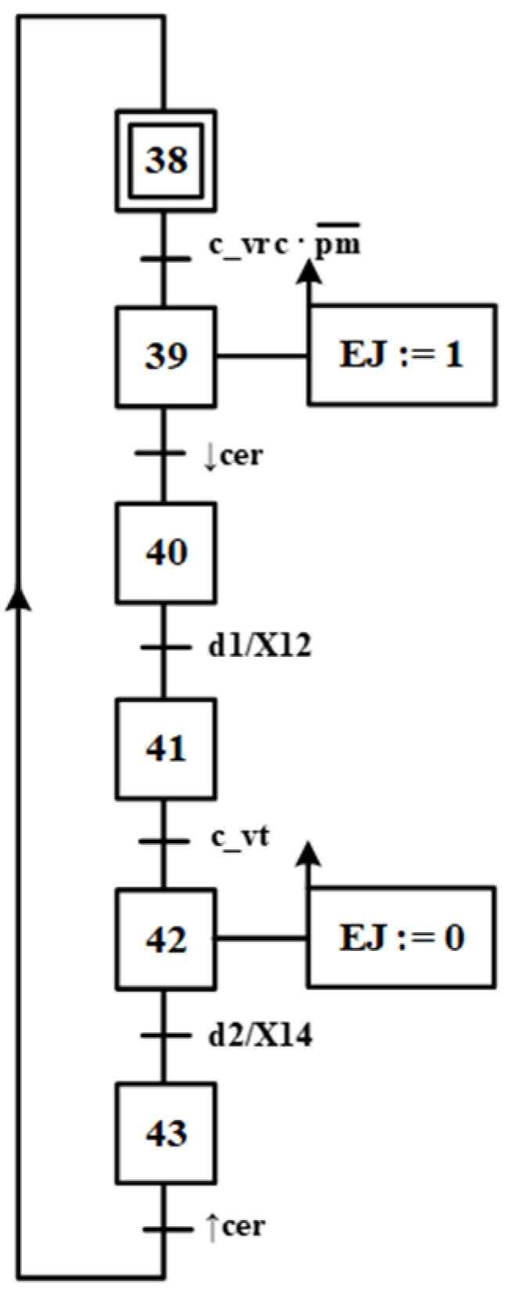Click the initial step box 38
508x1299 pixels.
click(x=165, y=160)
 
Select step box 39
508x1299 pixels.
click(x=165, y=356)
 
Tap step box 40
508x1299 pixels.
click(x=165, y=552)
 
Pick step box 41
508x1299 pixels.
click(x=165, y=748)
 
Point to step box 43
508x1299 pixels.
click(x=165, y=1132)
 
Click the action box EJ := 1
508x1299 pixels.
click(x=402, y=355)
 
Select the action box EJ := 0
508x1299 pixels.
click(x=402, y=936)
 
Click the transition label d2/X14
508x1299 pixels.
click(x=259, y=1036)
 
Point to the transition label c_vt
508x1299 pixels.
click(x=239, y=838)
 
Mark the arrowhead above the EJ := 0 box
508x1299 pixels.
click(x=311, y=854)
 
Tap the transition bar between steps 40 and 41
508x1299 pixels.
click(x=165, y=648)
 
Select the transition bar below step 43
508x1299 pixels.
click(x=165, y=1229)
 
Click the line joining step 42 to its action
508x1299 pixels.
click(x=261, y=937)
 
